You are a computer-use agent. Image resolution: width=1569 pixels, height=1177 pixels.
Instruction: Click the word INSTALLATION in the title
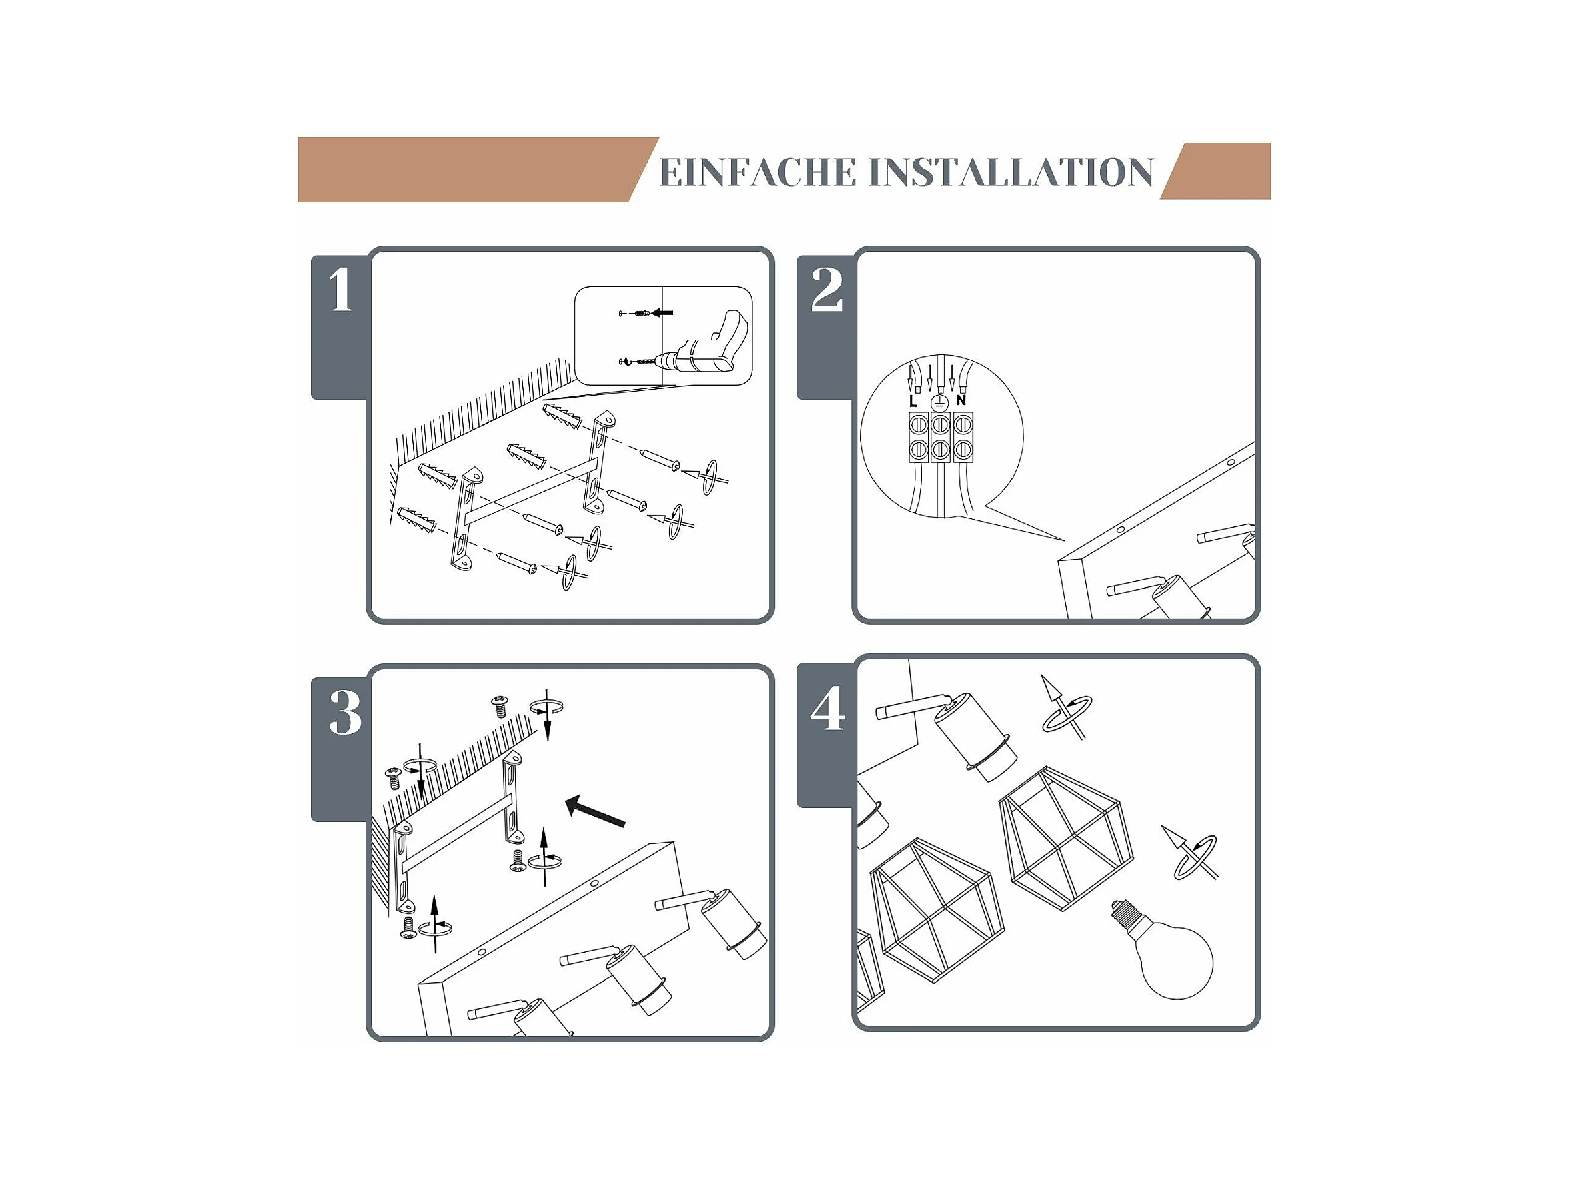click(1011, 172)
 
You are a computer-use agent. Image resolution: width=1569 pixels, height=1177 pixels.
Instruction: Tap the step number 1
click(340, 290)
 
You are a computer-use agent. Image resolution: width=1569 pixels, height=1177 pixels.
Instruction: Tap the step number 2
click(827, 290)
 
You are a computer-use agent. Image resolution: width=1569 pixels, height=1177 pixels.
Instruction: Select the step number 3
click(345, 713)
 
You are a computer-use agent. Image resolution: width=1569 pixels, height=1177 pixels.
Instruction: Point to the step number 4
click(827, 709)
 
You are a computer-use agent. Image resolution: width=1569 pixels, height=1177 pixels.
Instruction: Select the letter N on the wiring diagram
click(961, 400)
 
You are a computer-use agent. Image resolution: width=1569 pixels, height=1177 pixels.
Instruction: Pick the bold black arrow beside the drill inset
click(662, 312)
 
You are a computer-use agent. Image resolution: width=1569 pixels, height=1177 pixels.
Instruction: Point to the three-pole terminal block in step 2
click(940, 437)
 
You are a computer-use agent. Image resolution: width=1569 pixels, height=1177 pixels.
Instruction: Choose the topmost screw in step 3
click(500, 706)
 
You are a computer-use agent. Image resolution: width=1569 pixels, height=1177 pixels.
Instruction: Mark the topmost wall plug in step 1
click(562, 415)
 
